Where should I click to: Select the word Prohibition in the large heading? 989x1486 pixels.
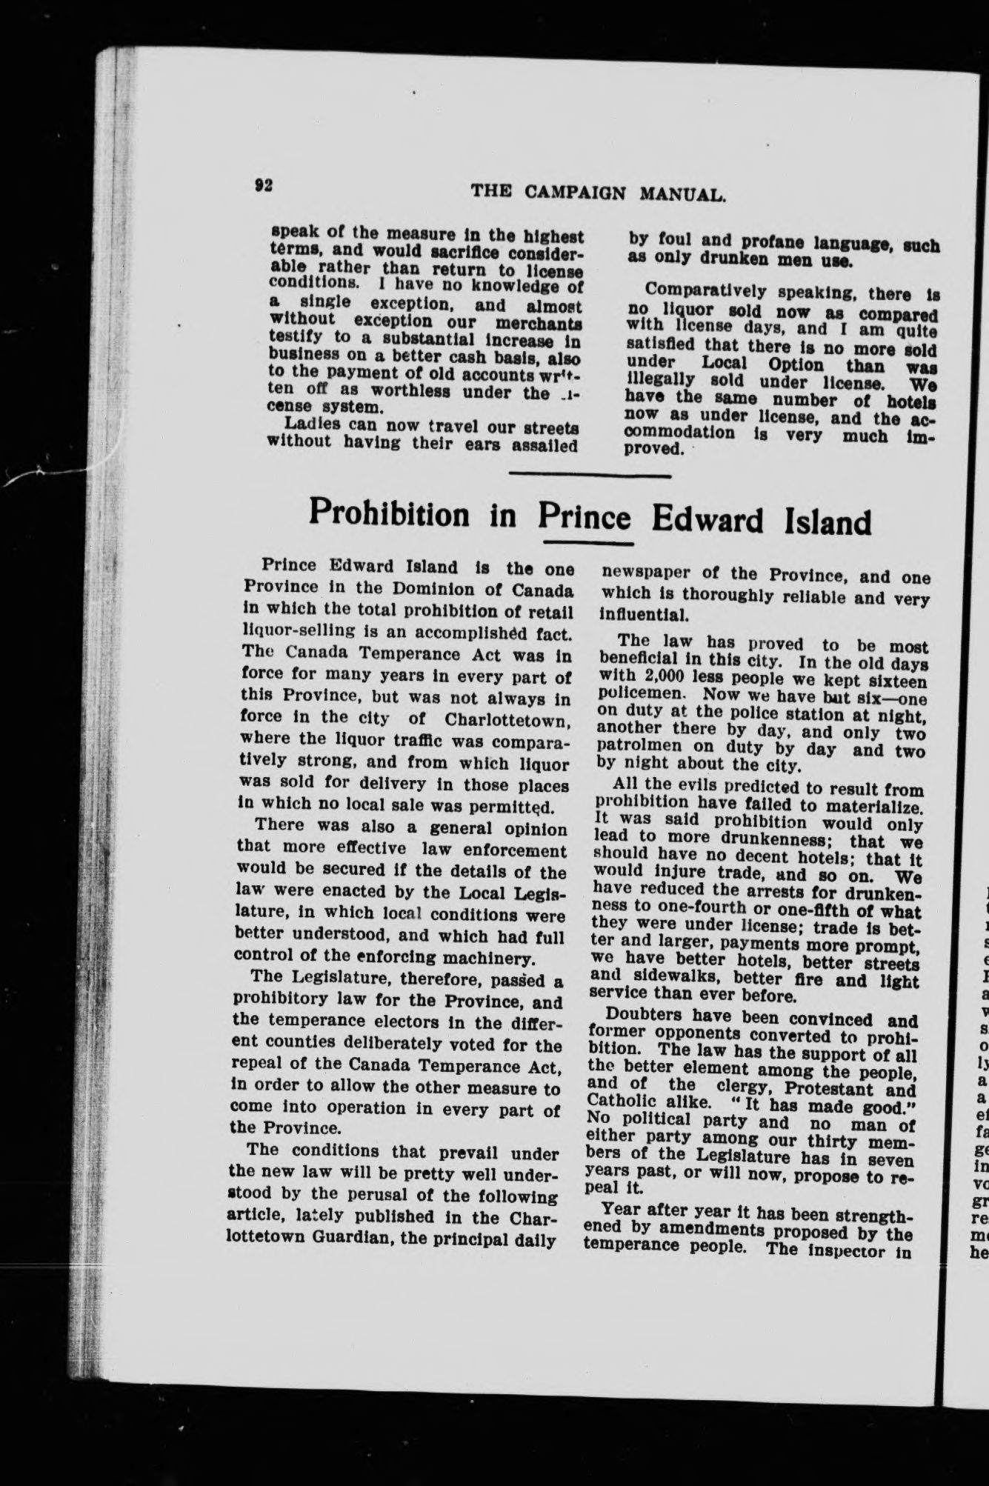[389, 513]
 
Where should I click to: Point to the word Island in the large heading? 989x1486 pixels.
[827, 522]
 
